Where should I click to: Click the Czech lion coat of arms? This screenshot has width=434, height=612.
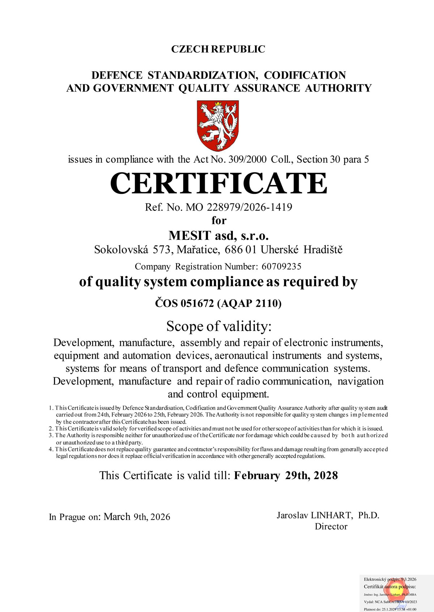click(218, 125)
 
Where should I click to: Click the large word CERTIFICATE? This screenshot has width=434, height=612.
click(218, 183)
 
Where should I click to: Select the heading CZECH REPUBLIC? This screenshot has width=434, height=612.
click(218, 49)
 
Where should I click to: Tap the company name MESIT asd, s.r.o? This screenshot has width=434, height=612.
click(218, 236)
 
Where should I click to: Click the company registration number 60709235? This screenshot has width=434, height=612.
click(281, 267)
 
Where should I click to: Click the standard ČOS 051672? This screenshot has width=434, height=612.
click(184, 303)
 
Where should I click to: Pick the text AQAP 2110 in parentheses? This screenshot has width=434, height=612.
click(249, 303)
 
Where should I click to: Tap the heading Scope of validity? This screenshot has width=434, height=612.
click(218, 326)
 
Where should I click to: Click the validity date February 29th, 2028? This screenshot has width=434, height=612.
click(286, 475)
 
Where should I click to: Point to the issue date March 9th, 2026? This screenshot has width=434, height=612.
click(137, 517)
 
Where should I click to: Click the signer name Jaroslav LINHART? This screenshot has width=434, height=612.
click(314, 515)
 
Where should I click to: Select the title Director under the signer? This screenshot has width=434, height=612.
click(331, 527)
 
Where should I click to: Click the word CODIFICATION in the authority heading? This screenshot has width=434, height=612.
click(305, 75)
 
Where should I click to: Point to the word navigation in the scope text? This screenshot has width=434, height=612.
click(360, 381)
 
